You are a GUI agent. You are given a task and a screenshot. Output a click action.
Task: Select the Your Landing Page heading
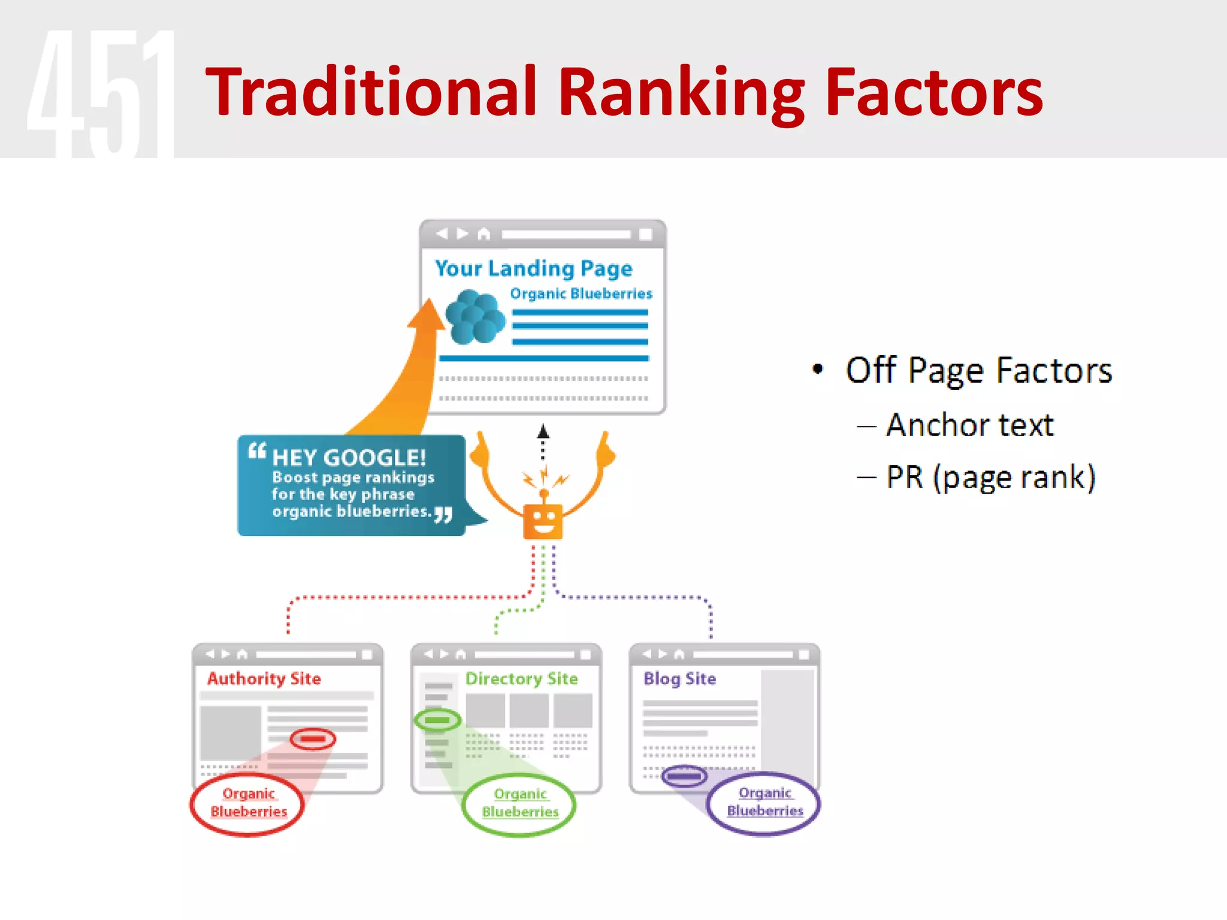533,268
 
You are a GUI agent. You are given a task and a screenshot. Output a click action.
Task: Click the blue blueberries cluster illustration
475,317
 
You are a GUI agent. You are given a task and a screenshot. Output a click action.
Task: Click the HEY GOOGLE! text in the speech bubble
349,458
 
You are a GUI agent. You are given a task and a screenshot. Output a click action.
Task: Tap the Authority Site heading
264,679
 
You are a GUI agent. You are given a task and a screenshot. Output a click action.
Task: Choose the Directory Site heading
521,679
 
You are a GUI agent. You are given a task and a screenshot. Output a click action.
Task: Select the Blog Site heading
679,679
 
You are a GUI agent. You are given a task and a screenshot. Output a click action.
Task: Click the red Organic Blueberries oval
247,803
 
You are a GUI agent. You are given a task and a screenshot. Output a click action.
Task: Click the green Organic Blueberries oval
519,803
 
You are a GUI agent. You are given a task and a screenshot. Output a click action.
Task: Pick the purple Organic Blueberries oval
764,802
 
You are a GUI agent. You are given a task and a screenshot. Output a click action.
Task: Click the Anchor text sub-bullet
969,425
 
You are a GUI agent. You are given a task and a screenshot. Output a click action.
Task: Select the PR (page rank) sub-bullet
990,477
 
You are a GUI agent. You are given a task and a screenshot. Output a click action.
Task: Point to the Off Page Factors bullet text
978,370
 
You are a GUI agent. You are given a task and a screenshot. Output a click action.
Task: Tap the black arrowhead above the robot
543,431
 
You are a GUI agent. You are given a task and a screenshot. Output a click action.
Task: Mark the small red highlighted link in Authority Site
313,739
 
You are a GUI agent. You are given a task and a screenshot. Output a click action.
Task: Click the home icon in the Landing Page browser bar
483,234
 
